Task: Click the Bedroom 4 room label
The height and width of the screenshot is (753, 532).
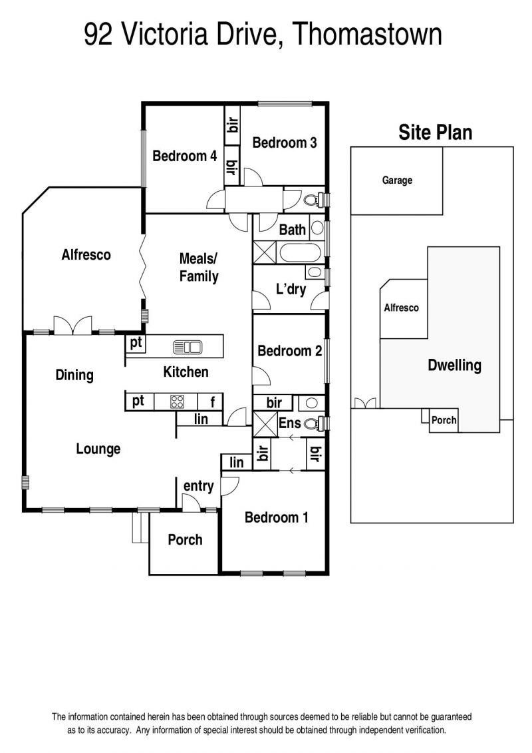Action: (x=185, y=156)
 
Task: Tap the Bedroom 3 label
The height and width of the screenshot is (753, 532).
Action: (x=285, y=142)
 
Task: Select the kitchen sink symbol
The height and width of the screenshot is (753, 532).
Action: (x=188, y=347)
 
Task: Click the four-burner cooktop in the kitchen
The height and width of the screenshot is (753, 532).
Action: (x=178, y=401)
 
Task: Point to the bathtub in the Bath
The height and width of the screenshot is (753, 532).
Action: (x=300, y=252)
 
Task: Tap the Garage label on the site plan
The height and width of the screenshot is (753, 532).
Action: (x=397, y=180)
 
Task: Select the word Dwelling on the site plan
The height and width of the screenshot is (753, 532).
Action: (x=454, y=366)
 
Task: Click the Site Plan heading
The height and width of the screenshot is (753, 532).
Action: (x=436, y=132)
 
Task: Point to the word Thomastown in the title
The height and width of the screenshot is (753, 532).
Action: (x=366, y=34)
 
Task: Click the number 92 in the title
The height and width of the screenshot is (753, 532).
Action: (x=98, y=35)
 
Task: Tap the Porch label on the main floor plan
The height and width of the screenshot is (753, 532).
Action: (x=185, y=540)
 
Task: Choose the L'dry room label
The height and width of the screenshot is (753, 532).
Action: (x=291, y=289)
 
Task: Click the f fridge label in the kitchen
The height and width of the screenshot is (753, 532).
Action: (x=213, y=401)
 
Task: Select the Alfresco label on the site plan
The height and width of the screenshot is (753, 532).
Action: (x=401, y=308)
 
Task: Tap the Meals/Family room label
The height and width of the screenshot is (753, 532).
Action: (x=199, y=268)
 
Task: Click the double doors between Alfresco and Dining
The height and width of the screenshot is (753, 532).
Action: (x=72, y=325)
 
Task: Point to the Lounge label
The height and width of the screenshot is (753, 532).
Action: (x=98, y=449)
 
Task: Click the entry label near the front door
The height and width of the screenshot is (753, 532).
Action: (x=199, y=486)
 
